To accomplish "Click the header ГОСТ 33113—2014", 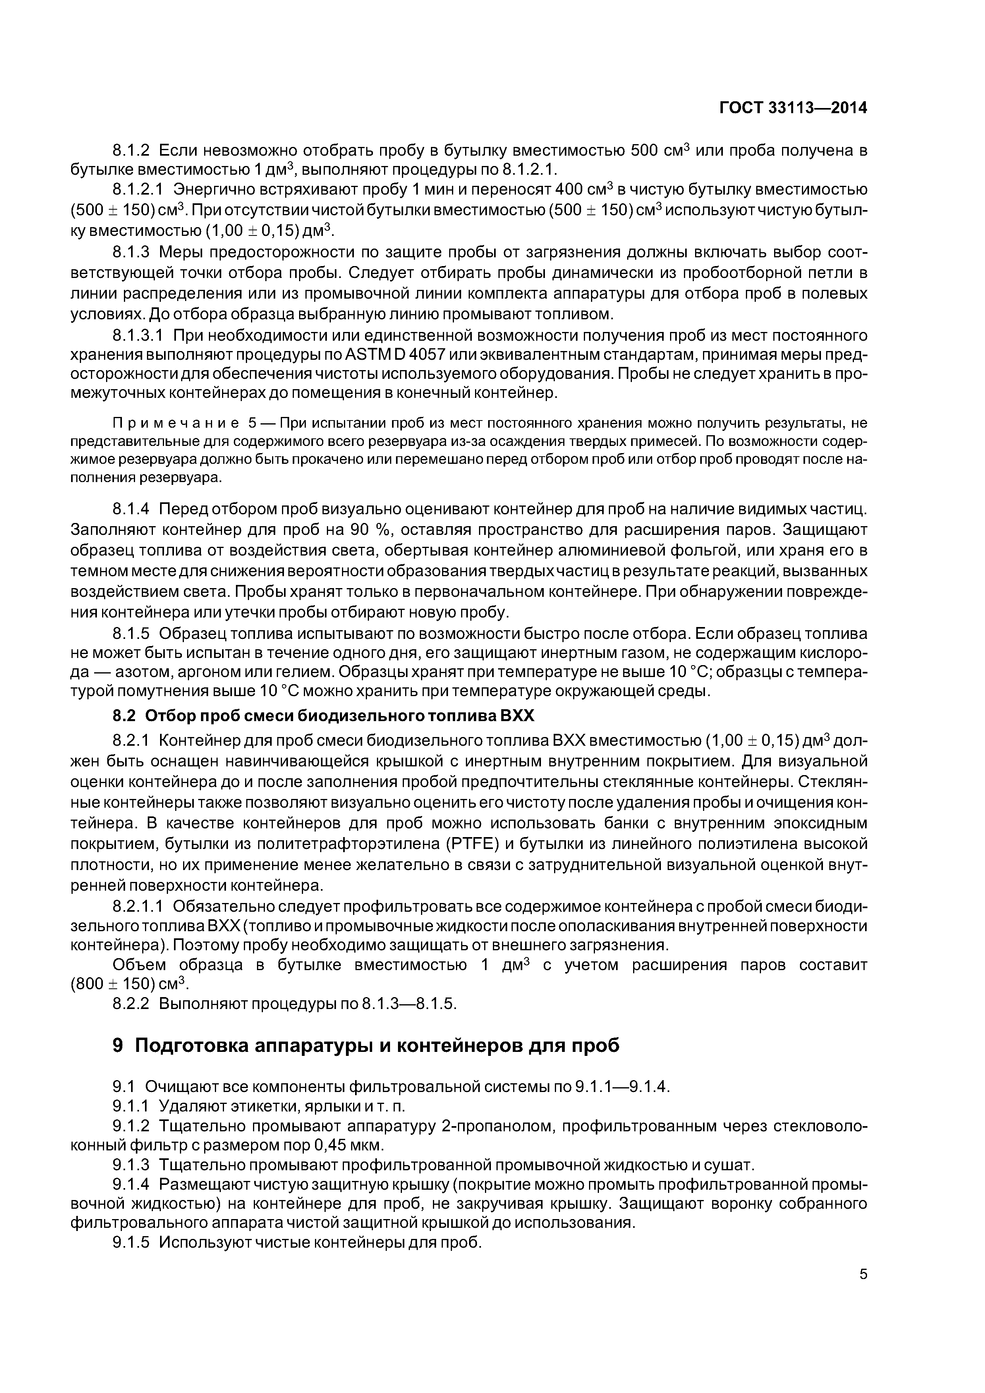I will click(x=793, y=108).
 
